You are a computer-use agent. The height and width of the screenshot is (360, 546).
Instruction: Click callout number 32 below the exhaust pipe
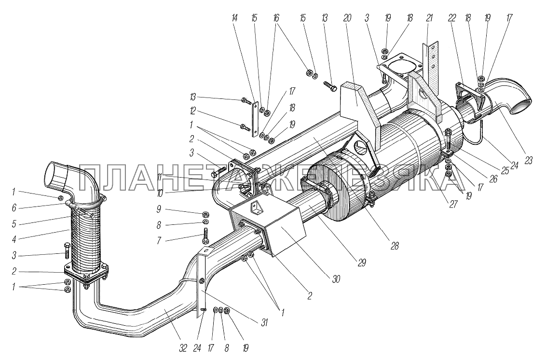tap(183, 347)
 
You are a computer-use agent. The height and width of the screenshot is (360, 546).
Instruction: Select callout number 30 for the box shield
tap(336, 279)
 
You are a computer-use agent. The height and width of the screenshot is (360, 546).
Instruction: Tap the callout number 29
tap(362, 263)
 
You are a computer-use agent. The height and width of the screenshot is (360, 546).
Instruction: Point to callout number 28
tap(394, 246)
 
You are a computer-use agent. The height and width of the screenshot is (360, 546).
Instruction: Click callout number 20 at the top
tap(347, 18)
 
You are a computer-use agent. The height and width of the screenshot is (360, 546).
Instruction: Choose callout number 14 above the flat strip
tap(235, 18)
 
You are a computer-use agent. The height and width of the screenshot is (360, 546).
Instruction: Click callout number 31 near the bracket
tap(264, 323)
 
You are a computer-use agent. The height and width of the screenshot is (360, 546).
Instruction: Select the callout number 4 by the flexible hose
tap(14, 240)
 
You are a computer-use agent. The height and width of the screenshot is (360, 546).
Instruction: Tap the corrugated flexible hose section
tap(86, 241)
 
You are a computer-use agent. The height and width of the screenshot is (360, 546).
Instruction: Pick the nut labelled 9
tap(205, 213)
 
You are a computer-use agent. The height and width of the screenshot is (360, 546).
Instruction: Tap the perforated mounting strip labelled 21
tap(431, 66)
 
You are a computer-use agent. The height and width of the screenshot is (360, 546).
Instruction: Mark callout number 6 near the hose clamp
tap(14, 208)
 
